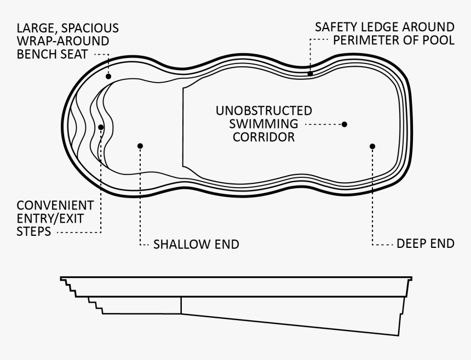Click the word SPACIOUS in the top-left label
[90, 28]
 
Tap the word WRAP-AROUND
[63, 41]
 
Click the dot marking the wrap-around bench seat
[108, 77]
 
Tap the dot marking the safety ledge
[311, 73]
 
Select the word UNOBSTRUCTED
[264, 111]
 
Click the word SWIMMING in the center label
[264, 124]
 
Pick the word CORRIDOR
[264, 137]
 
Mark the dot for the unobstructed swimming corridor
[344, 124]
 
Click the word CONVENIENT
[55, 206]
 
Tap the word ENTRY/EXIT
[50, 219]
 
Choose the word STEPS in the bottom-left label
[34, 231]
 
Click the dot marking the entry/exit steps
[101, 127]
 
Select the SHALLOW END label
[196, 245]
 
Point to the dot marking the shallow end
[140, 146]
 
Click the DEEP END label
[426, 243]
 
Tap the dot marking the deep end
[372, 147]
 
